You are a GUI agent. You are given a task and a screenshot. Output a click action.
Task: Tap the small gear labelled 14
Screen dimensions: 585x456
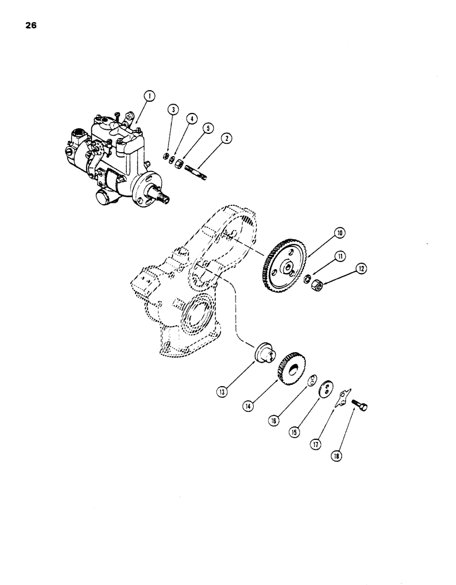(x=288, y=369)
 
